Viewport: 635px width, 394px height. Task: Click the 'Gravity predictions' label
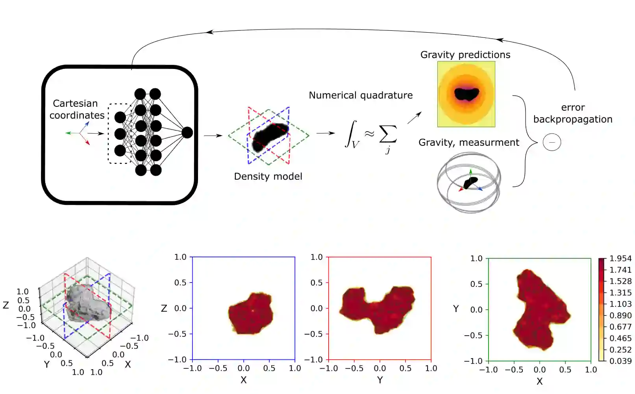point(465,55)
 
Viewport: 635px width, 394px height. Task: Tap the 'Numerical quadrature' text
point(361,95)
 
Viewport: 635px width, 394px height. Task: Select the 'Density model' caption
point(268,177)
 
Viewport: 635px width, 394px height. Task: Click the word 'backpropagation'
point(573,119)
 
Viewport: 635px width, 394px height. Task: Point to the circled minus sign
point(552,142)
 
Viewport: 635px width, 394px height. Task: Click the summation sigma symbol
point(388,134)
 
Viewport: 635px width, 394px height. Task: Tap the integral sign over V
point(351,134)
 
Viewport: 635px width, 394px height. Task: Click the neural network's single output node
point(187,132)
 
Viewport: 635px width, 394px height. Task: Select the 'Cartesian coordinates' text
point(76,109)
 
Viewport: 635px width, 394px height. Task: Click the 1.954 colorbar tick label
point(620,258)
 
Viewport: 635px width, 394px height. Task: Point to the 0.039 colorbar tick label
point(620,361)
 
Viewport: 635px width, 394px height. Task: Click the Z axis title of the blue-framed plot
point(164,309)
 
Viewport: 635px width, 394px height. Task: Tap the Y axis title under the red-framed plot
point(380,380)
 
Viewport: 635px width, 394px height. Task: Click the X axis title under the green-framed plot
point(539,381)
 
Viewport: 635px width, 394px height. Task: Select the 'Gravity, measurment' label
point(468,143)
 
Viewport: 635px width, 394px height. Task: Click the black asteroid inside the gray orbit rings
point(470,183)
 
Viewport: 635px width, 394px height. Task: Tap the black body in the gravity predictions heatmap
point(467,94)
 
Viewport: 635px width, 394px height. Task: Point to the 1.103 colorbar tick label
point(620,304)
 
